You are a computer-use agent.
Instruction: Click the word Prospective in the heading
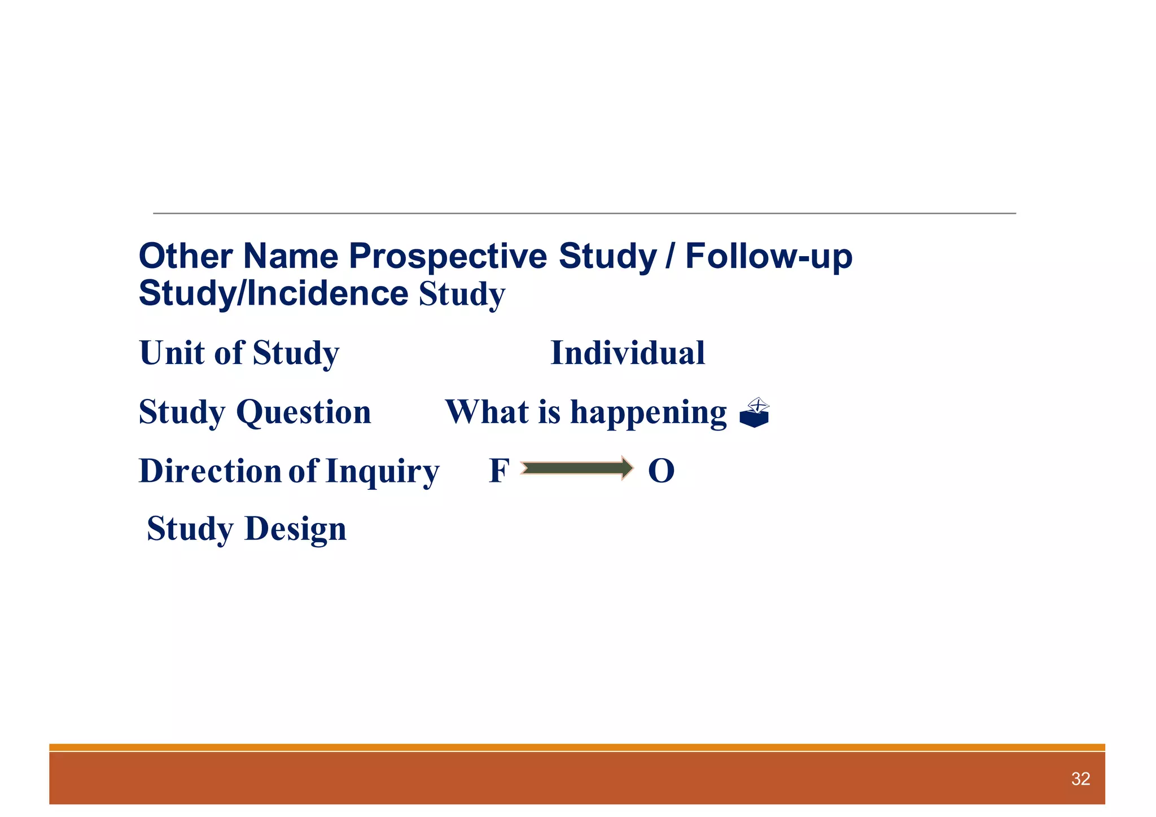pyautogui.click(x=448, y=257)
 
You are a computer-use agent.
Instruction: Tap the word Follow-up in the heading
pyautogui.click(x=768, y=257)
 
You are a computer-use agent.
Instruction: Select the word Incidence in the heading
pyautogui.click(x=327, y=293)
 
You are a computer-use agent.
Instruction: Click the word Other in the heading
pyautogui.click(x=185, y=256)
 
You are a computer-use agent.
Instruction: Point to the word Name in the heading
pyautogui.click(x=290, y=256)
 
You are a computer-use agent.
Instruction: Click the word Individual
pyautogui.click(x=627, y=353)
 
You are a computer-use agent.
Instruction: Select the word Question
pyautogui.click(x=304, y=412)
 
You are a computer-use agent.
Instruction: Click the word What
pyautogui.click(x=487, y=412)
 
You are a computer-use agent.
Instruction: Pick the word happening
pyautogui.click(x=649, y=412)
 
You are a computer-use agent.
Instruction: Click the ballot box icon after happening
pyautogui.click(x=755, y=413)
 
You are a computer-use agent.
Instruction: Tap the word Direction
pyautogui.click(x=210, y=471)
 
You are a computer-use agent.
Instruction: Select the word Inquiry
pyautogui.click(x=382, y=472)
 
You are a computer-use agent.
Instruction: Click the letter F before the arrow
pyautogui.click(x=499, y=471)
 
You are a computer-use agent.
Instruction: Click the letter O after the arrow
pyautogui.click(x=661, y=471)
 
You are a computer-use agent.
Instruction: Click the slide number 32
pyautogui.click(x=1080, y=779)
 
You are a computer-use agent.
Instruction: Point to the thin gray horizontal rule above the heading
pyautogui.click(x=584, y=213)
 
